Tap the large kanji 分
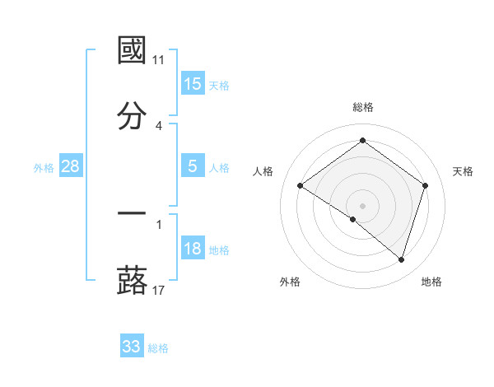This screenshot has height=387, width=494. [132, 116]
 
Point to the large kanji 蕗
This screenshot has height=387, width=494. [132, 281]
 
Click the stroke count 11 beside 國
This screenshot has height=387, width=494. [159, 60]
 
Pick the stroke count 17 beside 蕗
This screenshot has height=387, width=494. [159, 291]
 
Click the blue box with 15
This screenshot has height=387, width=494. [192, 83]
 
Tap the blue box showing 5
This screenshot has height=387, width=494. [192, 166]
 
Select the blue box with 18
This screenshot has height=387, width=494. [192, 249]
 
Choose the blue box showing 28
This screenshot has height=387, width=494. [70, 166]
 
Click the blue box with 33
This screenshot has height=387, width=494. [131, 347]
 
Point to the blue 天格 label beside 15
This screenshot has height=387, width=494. [219, 85]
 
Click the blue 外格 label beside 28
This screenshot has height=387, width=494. [44, 168]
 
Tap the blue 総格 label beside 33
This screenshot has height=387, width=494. [158, 348]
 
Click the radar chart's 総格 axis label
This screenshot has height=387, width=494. [362, 107]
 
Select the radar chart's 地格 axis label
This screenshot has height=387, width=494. [431, 282]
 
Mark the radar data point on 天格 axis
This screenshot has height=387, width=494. [425, 186]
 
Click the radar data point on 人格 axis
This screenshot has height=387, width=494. [300, 186]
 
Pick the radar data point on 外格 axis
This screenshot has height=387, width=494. [353, 219]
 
